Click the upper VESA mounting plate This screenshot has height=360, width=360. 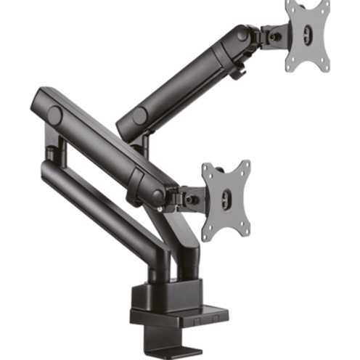[x=306, y=36]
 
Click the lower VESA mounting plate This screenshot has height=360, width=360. [x=226, y=200]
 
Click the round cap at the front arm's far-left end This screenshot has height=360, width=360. [x=54, y=114]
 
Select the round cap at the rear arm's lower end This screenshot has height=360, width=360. [x=139, y=116]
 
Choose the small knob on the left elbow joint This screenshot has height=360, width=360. [x=49, y=154]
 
